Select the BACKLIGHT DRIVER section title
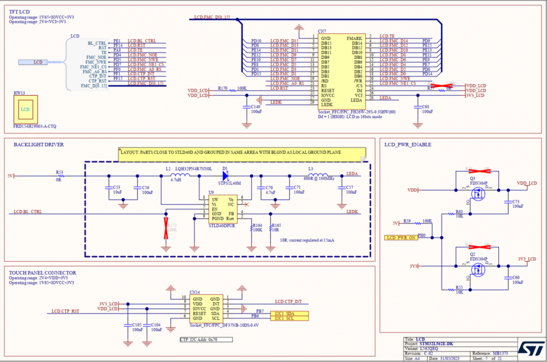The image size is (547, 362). tap(38, 145)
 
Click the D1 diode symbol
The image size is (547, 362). tap(225, 176)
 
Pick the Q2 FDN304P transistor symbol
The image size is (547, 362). tap(477, 269)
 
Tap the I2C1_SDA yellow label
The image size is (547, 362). tap(289, 313)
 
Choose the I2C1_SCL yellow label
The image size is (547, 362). tap(289, 318)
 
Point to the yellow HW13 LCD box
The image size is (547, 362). tap(25, 109)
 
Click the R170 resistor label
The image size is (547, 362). tap(222, 88)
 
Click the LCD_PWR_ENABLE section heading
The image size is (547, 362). tap(408, 145)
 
